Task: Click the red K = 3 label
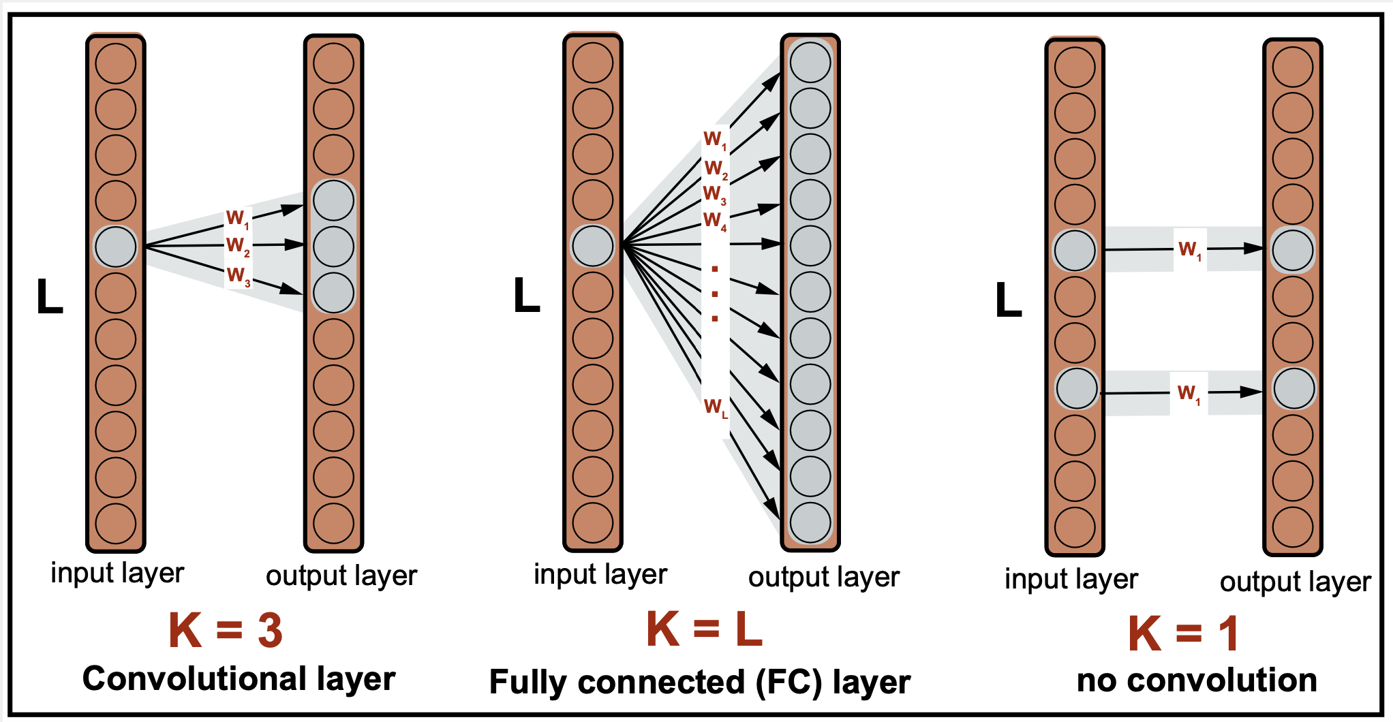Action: [x=226, y=630]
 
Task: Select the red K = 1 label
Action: [x=1182, y=633]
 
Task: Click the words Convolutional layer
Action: [x=239, y=679]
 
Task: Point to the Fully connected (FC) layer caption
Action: [x=700, y=682]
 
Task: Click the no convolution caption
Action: [x=1197, y=680]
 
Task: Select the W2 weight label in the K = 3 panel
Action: [x=238, y=245]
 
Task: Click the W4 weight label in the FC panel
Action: [x=715, y=221]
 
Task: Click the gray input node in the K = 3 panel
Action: [x=116, y=247]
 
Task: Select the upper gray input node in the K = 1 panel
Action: [x=1075, y=251]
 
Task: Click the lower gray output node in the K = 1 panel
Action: [x=1293, y=388]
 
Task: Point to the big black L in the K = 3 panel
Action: [x=50, y=297]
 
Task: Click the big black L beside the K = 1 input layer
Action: [x=1009, y=300]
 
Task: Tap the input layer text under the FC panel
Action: [x=600, y=574]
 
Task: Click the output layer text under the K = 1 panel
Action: [x=1295, y=582]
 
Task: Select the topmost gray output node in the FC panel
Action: [x=810, y=63]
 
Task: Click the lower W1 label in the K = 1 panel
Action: [x=1189, y=393]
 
